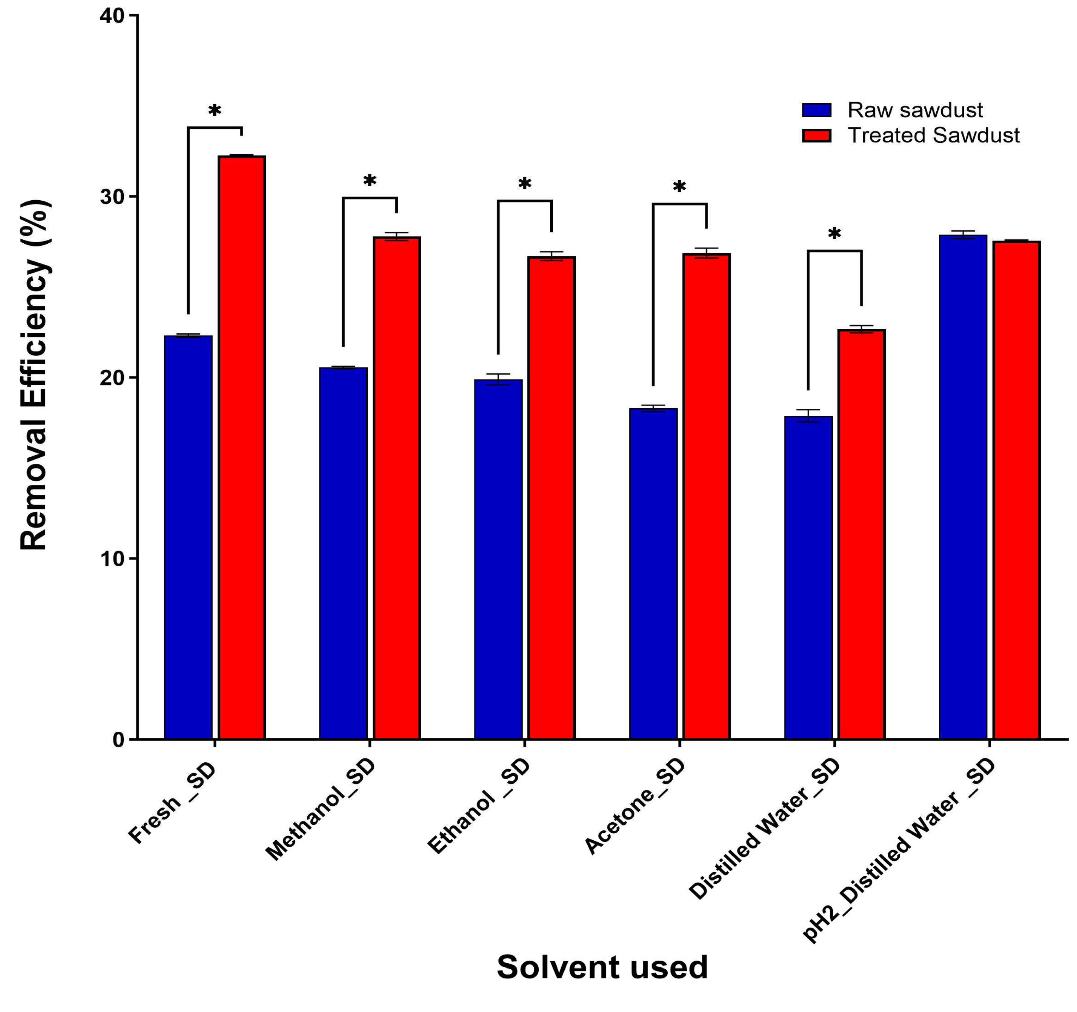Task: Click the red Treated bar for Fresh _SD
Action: tap(241, 447)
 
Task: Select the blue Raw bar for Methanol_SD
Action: tap(343, 553)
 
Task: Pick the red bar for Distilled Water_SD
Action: tap(861, 534)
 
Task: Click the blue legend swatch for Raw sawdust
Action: tap(816, 110)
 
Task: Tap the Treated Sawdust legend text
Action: tap(933, 135)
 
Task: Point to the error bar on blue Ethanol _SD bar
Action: tap(498, 379)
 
